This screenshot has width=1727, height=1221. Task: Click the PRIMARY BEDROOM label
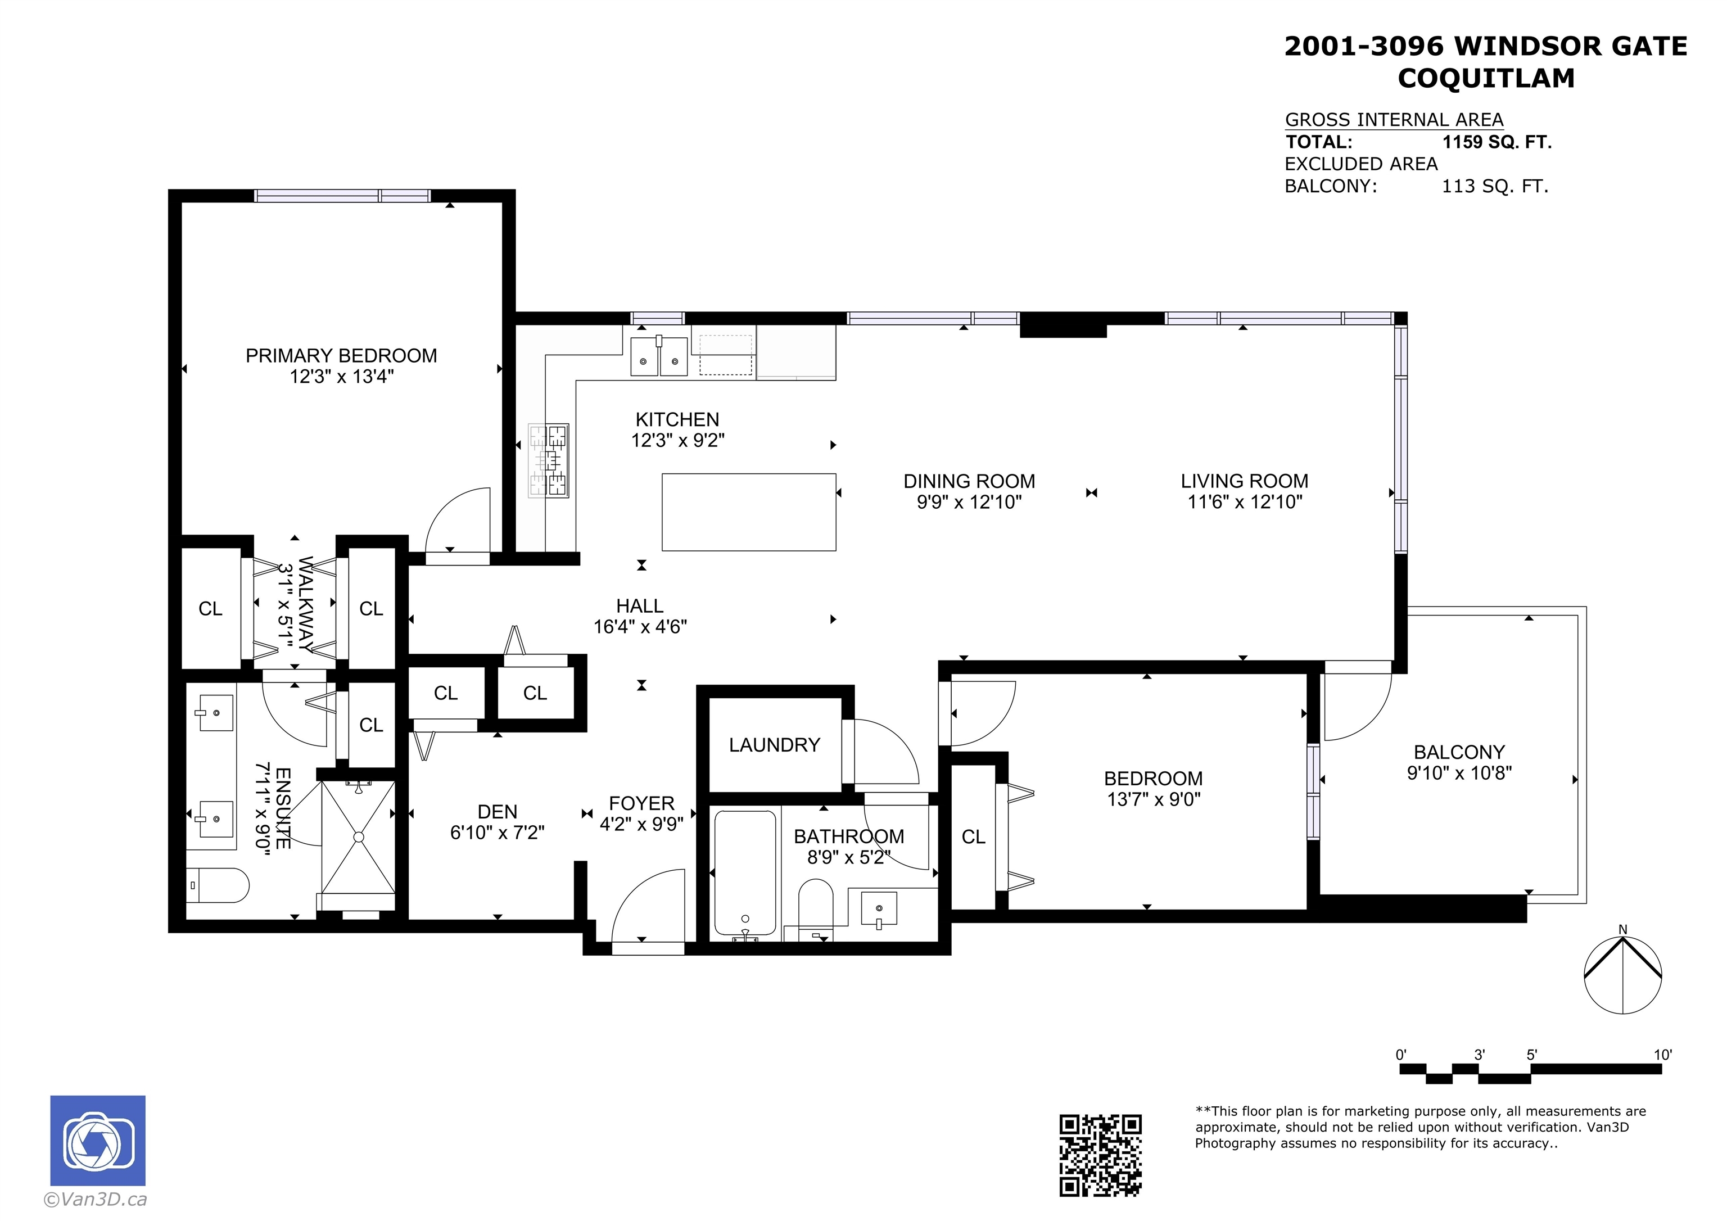tap(341, 356)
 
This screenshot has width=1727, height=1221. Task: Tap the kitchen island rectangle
tap(748, 512)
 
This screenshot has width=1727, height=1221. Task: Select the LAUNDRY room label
tap(774, 745)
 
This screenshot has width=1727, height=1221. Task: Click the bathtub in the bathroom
tap(745, 872)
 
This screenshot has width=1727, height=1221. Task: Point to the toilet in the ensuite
tap(218, 885)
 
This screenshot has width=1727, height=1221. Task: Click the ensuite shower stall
tap(358, 836)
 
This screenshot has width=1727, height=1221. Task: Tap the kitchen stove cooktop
tap(548, 460)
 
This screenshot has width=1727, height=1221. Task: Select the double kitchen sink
tap(659, 356)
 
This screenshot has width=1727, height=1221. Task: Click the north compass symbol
tap(1622, 974)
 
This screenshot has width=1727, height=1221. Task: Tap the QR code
tap(1100, 1155)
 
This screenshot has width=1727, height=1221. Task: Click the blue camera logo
tap(98, 1141)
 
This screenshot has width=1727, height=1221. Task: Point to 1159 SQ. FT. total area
tap(1497, 142)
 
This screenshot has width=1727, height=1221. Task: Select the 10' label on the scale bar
tap(1662, 1055)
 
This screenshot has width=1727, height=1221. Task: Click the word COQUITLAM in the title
tap(1486, 78)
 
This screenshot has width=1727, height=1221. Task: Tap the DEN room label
tap(497, 812)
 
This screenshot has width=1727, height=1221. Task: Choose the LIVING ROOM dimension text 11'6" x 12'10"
tap(1244, 502)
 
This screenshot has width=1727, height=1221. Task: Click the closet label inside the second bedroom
tap(973, 836)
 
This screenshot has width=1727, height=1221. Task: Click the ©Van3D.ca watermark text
tap(95, 1200)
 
